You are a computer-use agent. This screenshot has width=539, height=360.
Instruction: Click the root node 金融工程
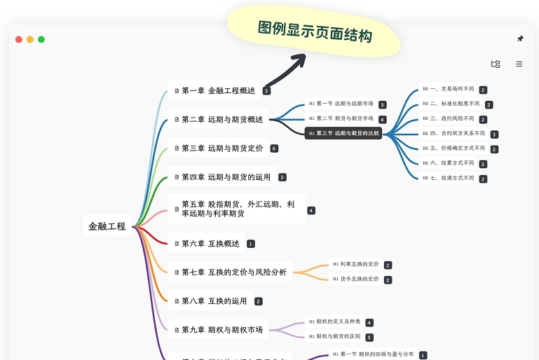click(107, 226)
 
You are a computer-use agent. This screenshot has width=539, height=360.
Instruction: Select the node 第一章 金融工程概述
click(214, 90)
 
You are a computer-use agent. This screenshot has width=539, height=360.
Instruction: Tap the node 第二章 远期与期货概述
click(218, 119)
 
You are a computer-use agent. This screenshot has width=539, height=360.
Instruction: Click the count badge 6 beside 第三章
click(274, 148)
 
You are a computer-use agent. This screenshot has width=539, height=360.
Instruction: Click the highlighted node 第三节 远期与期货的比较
click(343, 133)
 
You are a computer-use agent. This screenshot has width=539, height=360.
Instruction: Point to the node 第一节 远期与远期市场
click(341, 104)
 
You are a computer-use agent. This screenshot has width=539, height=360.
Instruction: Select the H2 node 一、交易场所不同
click(448, 90)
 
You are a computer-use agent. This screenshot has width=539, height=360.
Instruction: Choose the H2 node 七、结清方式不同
click(448, 178)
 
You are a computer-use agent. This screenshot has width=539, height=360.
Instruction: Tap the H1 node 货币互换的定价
click(355, 279)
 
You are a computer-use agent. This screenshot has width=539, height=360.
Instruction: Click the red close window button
click(19, 39)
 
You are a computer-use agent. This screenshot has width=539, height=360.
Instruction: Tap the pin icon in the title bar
click(520, 39)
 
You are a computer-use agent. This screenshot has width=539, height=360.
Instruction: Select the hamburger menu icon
click(519, 64)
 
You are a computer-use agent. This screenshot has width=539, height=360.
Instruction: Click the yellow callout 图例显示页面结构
click(314, 31)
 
